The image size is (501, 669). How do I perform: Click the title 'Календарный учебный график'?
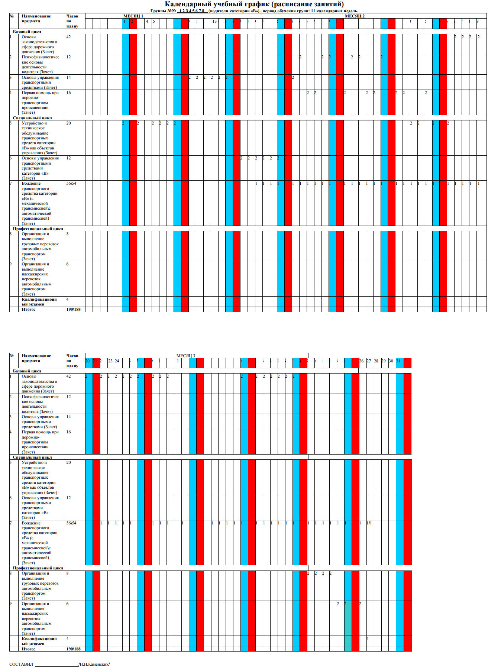click(x=254, y=4)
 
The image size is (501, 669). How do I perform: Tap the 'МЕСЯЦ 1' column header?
click(x=133, y=16)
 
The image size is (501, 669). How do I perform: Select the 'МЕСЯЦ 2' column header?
click(x=355, y=16)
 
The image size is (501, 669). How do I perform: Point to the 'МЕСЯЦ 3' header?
click(x=185, y=356)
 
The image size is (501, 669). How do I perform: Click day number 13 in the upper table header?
click(x=214, y=22)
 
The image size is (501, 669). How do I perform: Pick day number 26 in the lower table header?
click(x=361, y=361)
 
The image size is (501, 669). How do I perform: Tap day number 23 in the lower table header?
click(x=110, y=361)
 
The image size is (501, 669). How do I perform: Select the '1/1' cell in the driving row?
click(x=369, y=523)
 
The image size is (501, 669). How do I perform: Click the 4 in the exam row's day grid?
click(x=368, y=639)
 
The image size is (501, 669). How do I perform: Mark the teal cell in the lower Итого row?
click(x=348, y=649)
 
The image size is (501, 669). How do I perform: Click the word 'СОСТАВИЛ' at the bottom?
click(x=21, y=664)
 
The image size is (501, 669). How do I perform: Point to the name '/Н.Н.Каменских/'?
click(x=94, y=664)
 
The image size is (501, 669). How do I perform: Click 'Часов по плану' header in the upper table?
click(x=72, y=21)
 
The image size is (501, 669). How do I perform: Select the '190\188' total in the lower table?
click(x=73, y=649)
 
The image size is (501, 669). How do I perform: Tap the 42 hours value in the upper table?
click(x=68, y=37)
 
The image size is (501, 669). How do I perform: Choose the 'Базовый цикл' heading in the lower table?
click(x=27, y=371)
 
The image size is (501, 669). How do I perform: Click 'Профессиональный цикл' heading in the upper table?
click(x=38, y=229)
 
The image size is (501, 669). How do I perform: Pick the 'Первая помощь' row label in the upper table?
click(x=40, y=93)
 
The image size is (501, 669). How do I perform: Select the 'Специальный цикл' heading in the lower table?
click(x=32, y=457)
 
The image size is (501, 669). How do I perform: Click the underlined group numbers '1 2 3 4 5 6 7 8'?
click(x=191, y=11)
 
